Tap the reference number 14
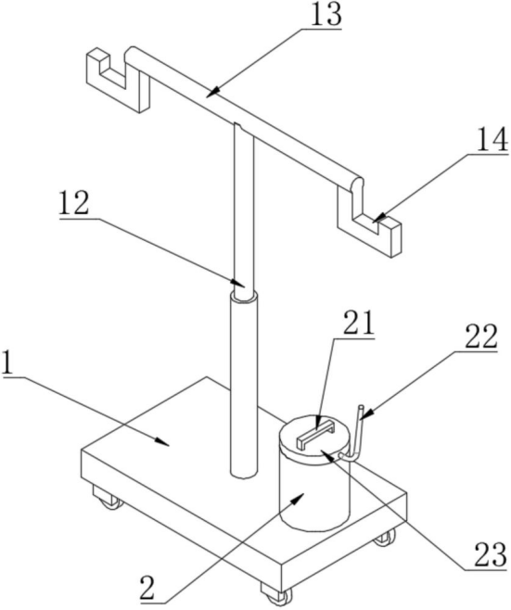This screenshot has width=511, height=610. (x=492, y=139)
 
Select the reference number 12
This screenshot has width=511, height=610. (x=74, y=203)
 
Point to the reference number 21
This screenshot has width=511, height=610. (x=358, y=322)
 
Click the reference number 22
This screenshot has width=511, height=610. (x=481, y=337)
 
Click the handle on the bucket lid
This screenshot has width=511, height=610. (x=315, y=436)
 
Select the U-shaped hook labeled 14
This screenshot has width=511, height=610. (x=369, y=222)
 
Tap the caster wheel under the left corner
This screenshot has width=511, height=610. (x=109, y=498)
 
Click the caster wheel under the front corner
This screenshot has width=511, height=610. (x=276, y=595)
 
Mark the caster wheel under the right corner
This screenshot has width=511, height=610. (x=385, y=538)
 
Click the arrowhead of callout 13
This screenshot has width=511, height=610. (x=212, y=93)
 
